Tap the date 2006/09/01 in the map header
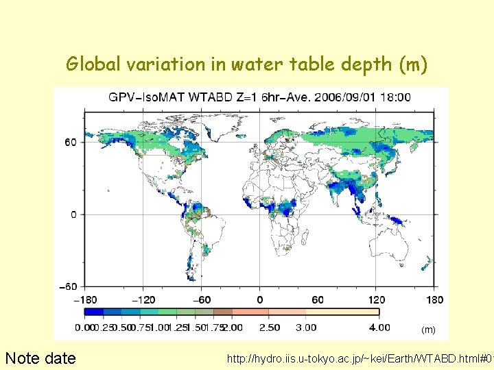pos(336,97)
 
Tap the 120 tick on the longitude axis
pos(377,299)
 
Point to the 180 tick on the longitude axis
pos(434,299)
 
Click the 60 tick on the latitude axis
pos(71,143)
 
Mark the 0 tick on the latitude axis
pos(74,214)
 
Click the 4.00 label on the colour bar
pos(379,328)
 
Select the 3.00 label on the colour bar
pos(305,328)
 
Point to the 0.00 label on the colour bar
pos(85,328)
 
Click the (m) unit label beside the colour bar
pos(428,330)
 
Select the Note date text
pos(40,358)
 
